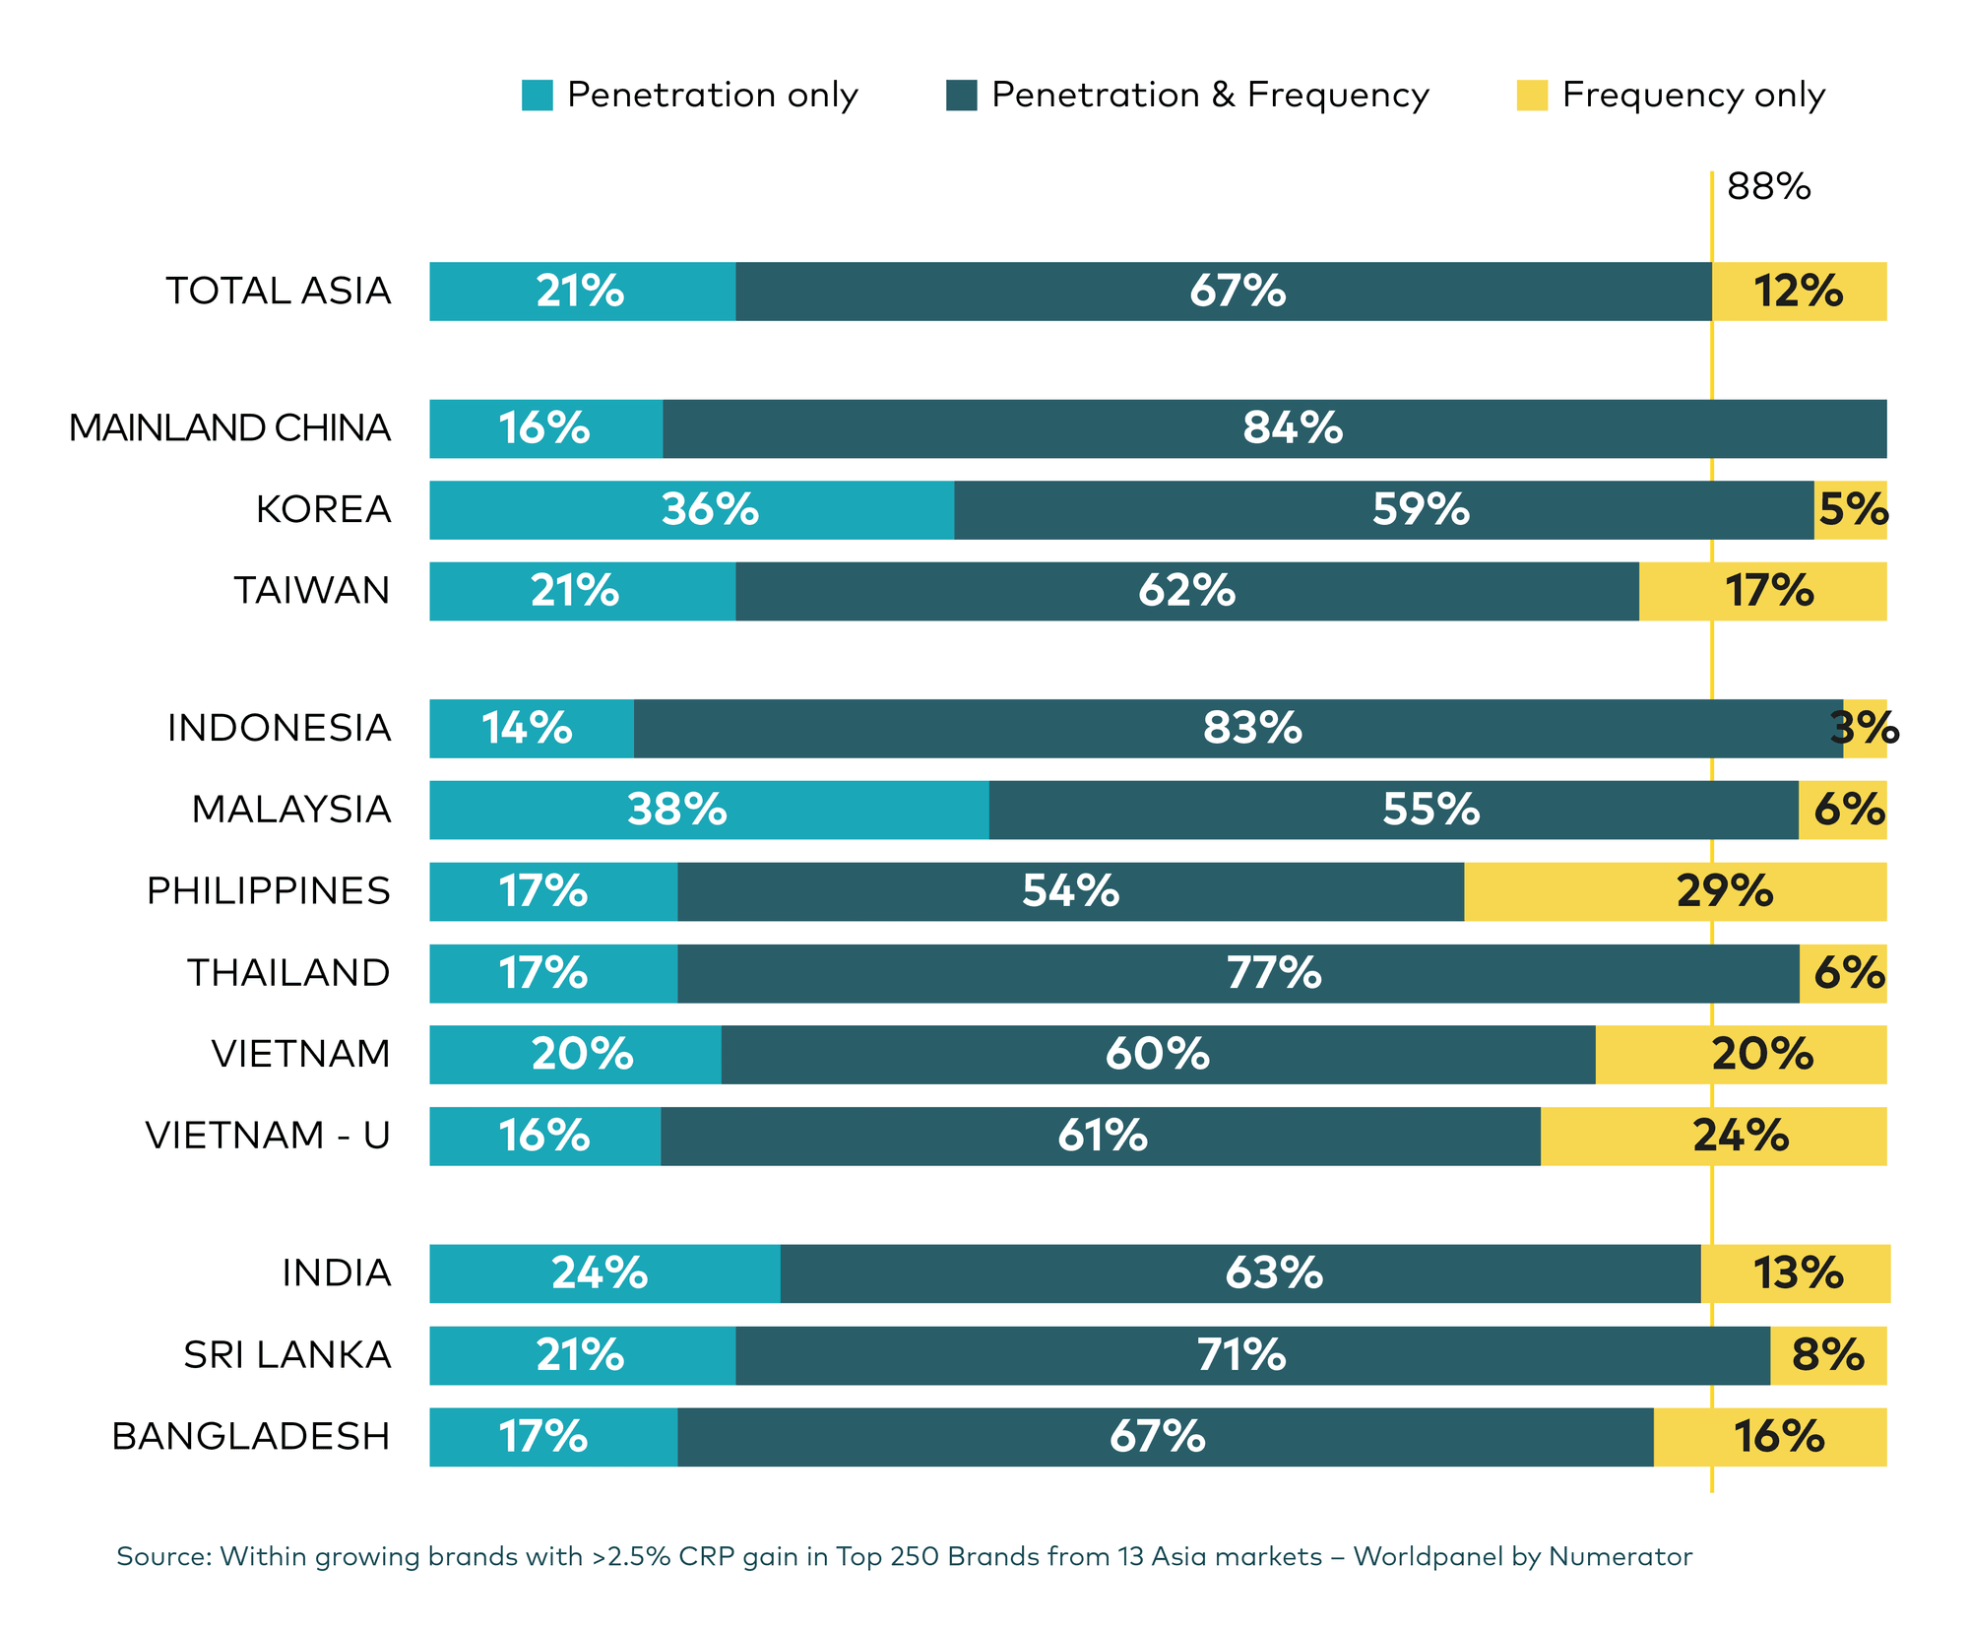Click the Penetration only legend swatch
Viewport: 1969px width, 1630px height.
point(537,96)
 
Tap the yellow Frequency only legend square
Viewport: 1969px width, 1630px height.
point(1532,96)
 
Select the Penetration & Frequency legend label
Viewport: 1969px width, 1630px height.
point(1210,96)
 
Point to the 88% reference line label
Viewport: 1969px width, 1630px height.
point(1768,187)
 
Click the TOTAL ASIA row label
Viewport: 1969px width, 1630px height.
point(279,292)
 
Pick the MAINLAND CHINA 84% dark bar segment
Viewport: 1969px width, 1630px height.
point(1274,428)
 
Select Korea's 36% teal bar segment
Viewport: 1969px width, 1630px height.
point(691,510)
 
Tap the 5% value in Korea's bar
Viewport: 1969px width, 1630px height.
point(1852,510)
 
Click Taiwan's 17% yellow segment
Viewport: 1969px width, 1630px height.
point(1763,591)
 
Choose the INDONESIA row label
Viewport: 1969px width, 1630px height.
point(280,729)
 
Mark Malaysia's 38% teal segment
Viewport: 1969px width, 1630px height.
point(709,810)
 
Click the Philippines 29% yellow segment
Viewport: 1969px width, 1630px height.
point(1676,891)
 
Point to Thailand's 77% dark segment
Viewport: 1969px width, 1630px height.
point(1239,973)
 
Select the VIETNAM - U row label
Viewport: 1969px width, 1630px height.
point(268,1136)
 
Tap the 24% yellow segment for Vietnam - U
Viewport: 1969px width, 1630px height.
point(1714,1136)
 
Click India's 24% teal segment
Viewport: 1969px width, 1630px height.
point(604,1273)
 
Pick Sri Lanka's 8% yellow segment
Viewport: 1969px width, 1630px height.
point(1828,1355)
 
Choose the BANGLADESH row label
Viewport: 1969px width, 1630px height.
point(251,1437)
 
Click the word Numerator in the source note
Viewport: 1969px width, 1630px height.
point(1620,1557)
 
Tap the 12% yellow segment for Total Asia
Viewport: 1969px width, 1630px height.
point(1799,292)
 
